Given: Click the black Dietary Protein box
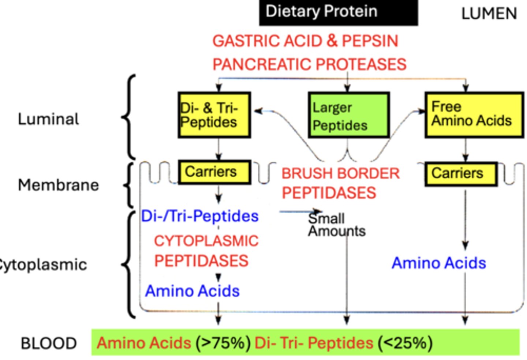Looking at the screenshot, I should pos(338,12).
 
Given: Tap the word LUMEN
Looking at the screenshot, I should pos(489,14).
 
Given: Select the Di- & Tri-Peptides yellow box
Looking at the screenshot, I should pos(214,115).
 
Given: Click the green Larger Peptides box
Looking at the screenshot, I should pos(348,115).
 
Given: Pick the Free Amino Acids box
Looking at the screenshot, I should pos(474,115).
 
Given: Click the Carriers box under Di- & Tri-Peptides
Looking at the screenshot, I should pos(214,172).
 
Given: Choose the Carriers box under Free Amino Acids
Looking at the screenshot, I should pos(461,174).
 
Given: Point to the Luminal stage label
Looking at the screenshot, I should pos(48,119).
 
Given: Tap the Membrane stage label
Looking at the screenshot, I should pos(58,185).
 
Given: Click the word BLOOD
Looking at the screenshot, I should pos(49,344).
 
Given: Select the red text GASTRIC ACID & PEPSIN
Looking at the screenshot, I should pos(305,41).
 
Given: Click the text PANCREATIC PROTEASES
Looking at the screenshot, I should pos(309,64).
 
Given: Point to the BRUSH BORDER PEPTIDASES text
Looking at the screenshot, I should pos(340,183).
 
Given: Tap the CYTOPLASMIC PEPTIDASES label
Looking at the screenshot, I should pos(206,251).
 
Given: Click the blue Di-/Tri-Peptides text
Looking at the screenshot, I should pos(200,216).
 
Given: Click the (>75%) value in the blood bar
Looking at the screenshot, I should pos(223,343).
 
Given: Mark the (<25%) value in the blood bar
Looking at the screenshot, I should pos(405,343).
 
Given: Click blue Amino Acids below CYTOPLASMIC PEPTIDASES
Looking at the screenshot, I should pos(192,291).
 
